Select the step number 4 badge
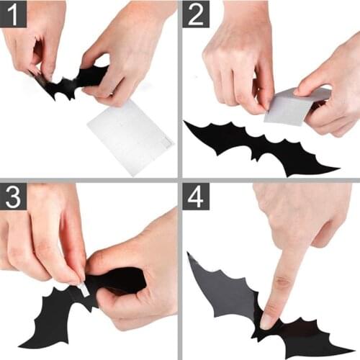pos(196,197)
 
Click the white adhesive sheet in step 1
pos(130,136)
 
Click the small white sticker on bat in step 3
pos(83,290)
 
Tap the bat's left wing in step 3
pos(47,317)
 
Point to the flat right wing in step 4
pos(310,338)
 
